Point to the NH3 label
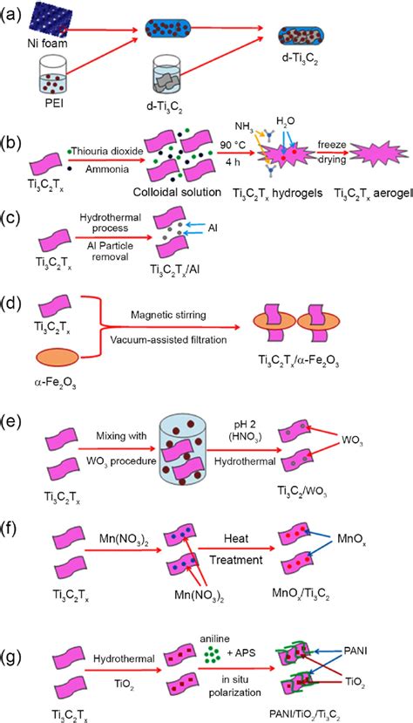coord(245,125)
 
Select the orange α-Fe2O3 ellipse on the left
coord(58,358)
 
